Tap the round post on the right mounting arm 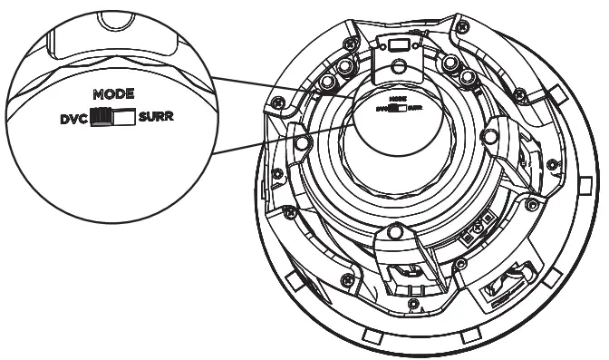(489, 137)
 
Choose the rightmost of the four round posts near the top (468, 79)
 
